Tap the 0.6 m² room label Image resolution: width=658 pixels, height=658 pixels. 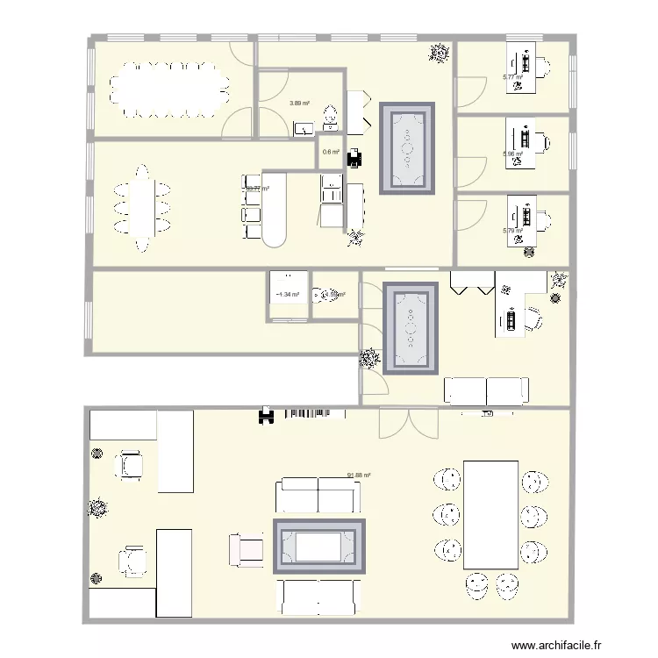tap(331, 152)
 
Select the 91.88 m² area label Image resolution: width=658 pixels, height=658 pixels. tap(359, 476)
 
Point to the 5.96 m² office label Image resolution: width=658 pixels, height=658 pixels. tap(512, 154)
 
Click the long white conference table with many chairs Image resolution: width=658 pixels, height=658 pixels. tap(168, 89)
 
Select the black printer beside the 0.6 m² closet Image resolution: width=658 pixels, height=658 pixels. tap(354, 157)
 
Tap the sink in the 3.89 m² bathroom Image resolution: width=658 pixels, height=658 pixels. tap(304, 129)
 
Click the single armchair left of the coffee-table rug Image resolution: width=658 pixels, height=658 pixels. tap(246, 549)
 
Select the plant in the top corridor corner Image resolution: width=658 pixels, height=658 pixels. tap(438, 54)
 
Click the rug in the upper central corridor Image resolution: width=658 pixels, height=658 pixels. tap(407, 148)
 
